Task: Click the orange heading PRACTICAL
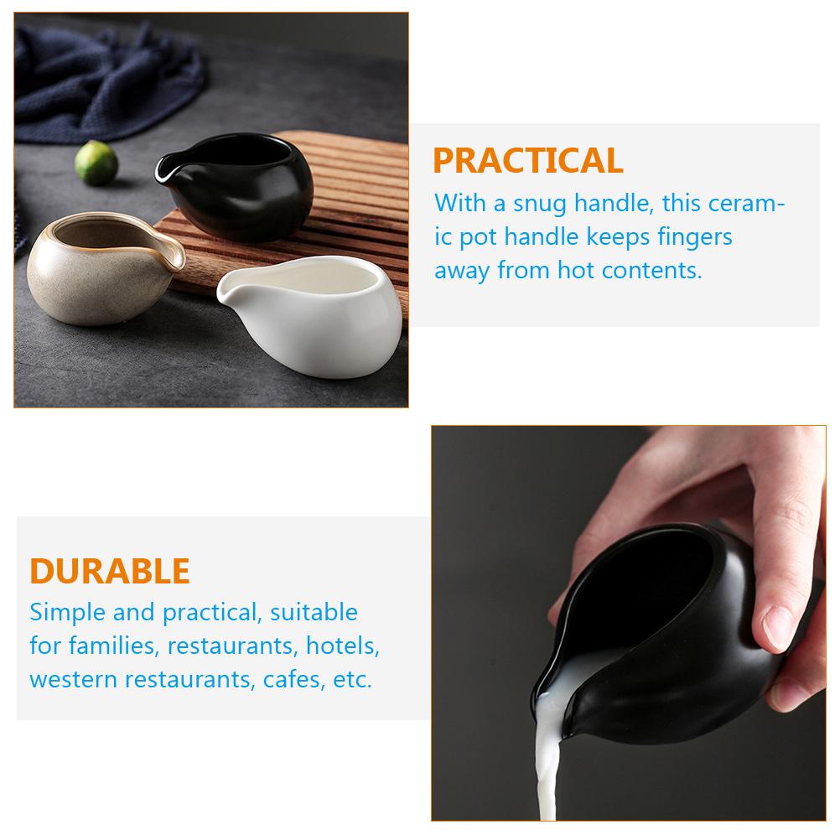coord(527,159)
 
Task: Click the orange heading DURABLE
coord(110,571)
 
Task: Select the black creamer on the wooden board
coord(239,184)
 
